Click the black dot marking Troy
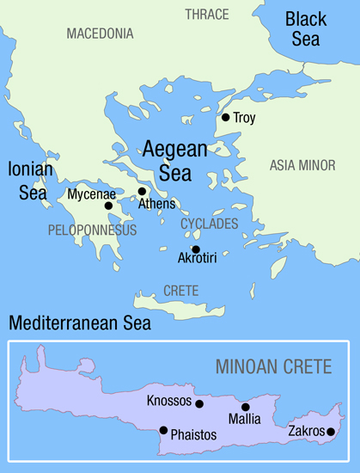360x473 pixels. coord(225,118)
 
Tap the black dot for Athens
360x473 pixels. coord(142,192)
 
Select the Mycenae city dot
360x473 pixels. coord(108,206)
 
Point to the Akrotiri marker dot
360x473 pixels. coord(195,249)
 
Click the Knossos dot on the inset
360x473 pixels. coord(199,403)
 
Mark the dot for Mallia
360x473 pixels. coord(245,408)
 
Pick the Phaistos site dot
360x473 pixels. coord(163,430)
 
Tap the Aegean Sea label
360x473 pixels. coord(175,159)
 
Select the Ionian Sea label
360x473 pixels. coord(30,180)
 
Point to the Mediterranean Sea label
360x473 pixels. coord(79,324)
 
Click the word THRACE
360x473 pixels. coord(207,15)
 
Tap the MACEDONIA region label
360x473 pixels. coord(100,34)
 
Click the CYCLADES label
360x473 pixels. coord(209,224)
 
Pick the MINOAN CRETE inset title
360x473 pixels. coord(272,368)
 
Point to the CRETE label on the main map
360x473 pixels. coord(181,291)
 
